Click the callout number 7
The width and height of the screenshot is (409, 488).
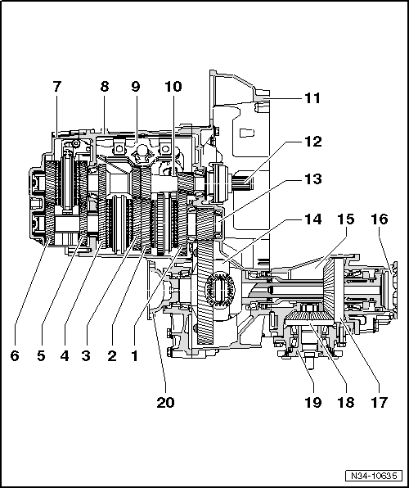pyautogui.click(x=56, y=85)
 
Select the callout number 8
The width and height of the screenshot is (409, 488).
pyautogui.click(x=105, y=85)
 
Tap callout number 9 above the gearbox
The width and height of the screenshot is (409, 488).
pyautogui.click(x=137, y=85)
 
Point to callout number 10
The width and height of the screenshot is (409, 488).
pyautogui.click(x=173, y=85)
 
